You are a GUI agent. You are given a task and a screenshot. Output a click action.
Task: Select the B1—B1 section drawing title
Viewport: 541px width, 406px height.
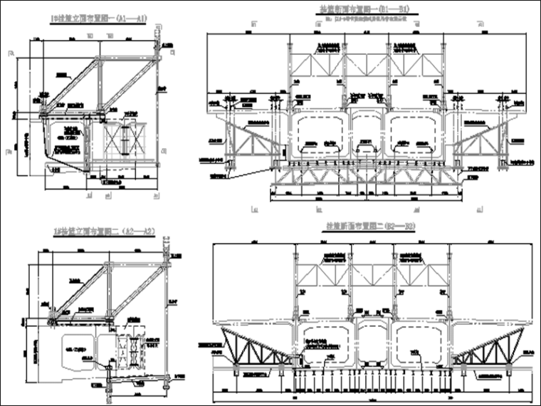tap(365, 9)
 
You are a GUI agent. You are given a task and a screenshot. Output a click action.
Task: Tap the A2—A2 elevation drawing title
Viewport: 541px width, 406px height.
tap(105, 230)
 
